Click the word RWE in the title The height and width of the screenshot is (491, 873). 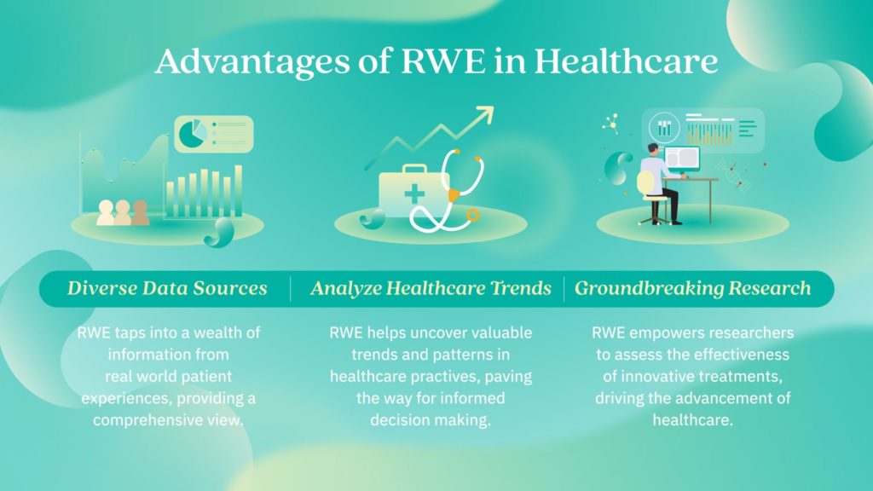tap(442, 61)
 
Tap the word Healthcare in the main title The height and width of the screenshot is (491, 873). tap(626, 61)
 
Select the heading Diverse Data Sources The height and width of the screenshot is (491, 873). tap(167, 288)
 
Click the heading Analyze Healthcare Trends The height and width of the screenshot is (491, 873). tap(431, 288)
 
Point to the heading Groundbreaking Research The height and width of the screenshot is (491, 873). tap(692, 288)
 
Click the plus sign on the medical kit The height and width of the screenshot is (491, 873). tap(414, 194)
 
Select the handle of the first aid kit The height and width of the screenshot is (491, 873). tap(414, 168)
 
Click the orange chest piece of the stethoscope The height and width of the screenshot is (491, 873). tap(454, 195)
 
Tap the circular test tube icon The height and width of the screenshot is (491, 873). tap(664, 128)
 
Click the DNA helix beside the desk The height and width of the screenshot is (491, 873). tap(733, 174)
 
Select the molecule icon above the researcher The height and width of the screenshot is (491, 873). tap(611, 124)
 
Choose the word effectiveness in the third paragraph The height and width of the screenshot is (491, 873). tap(742, 355)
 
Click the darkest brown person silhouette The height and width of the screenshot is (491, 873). tap(141, 212)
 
